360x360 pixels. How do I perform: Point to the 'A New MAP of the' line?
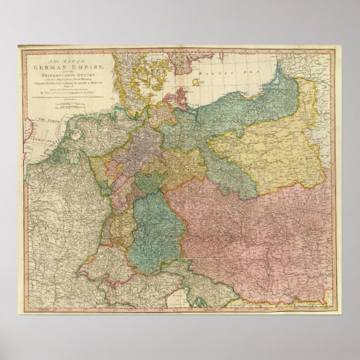65,60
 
